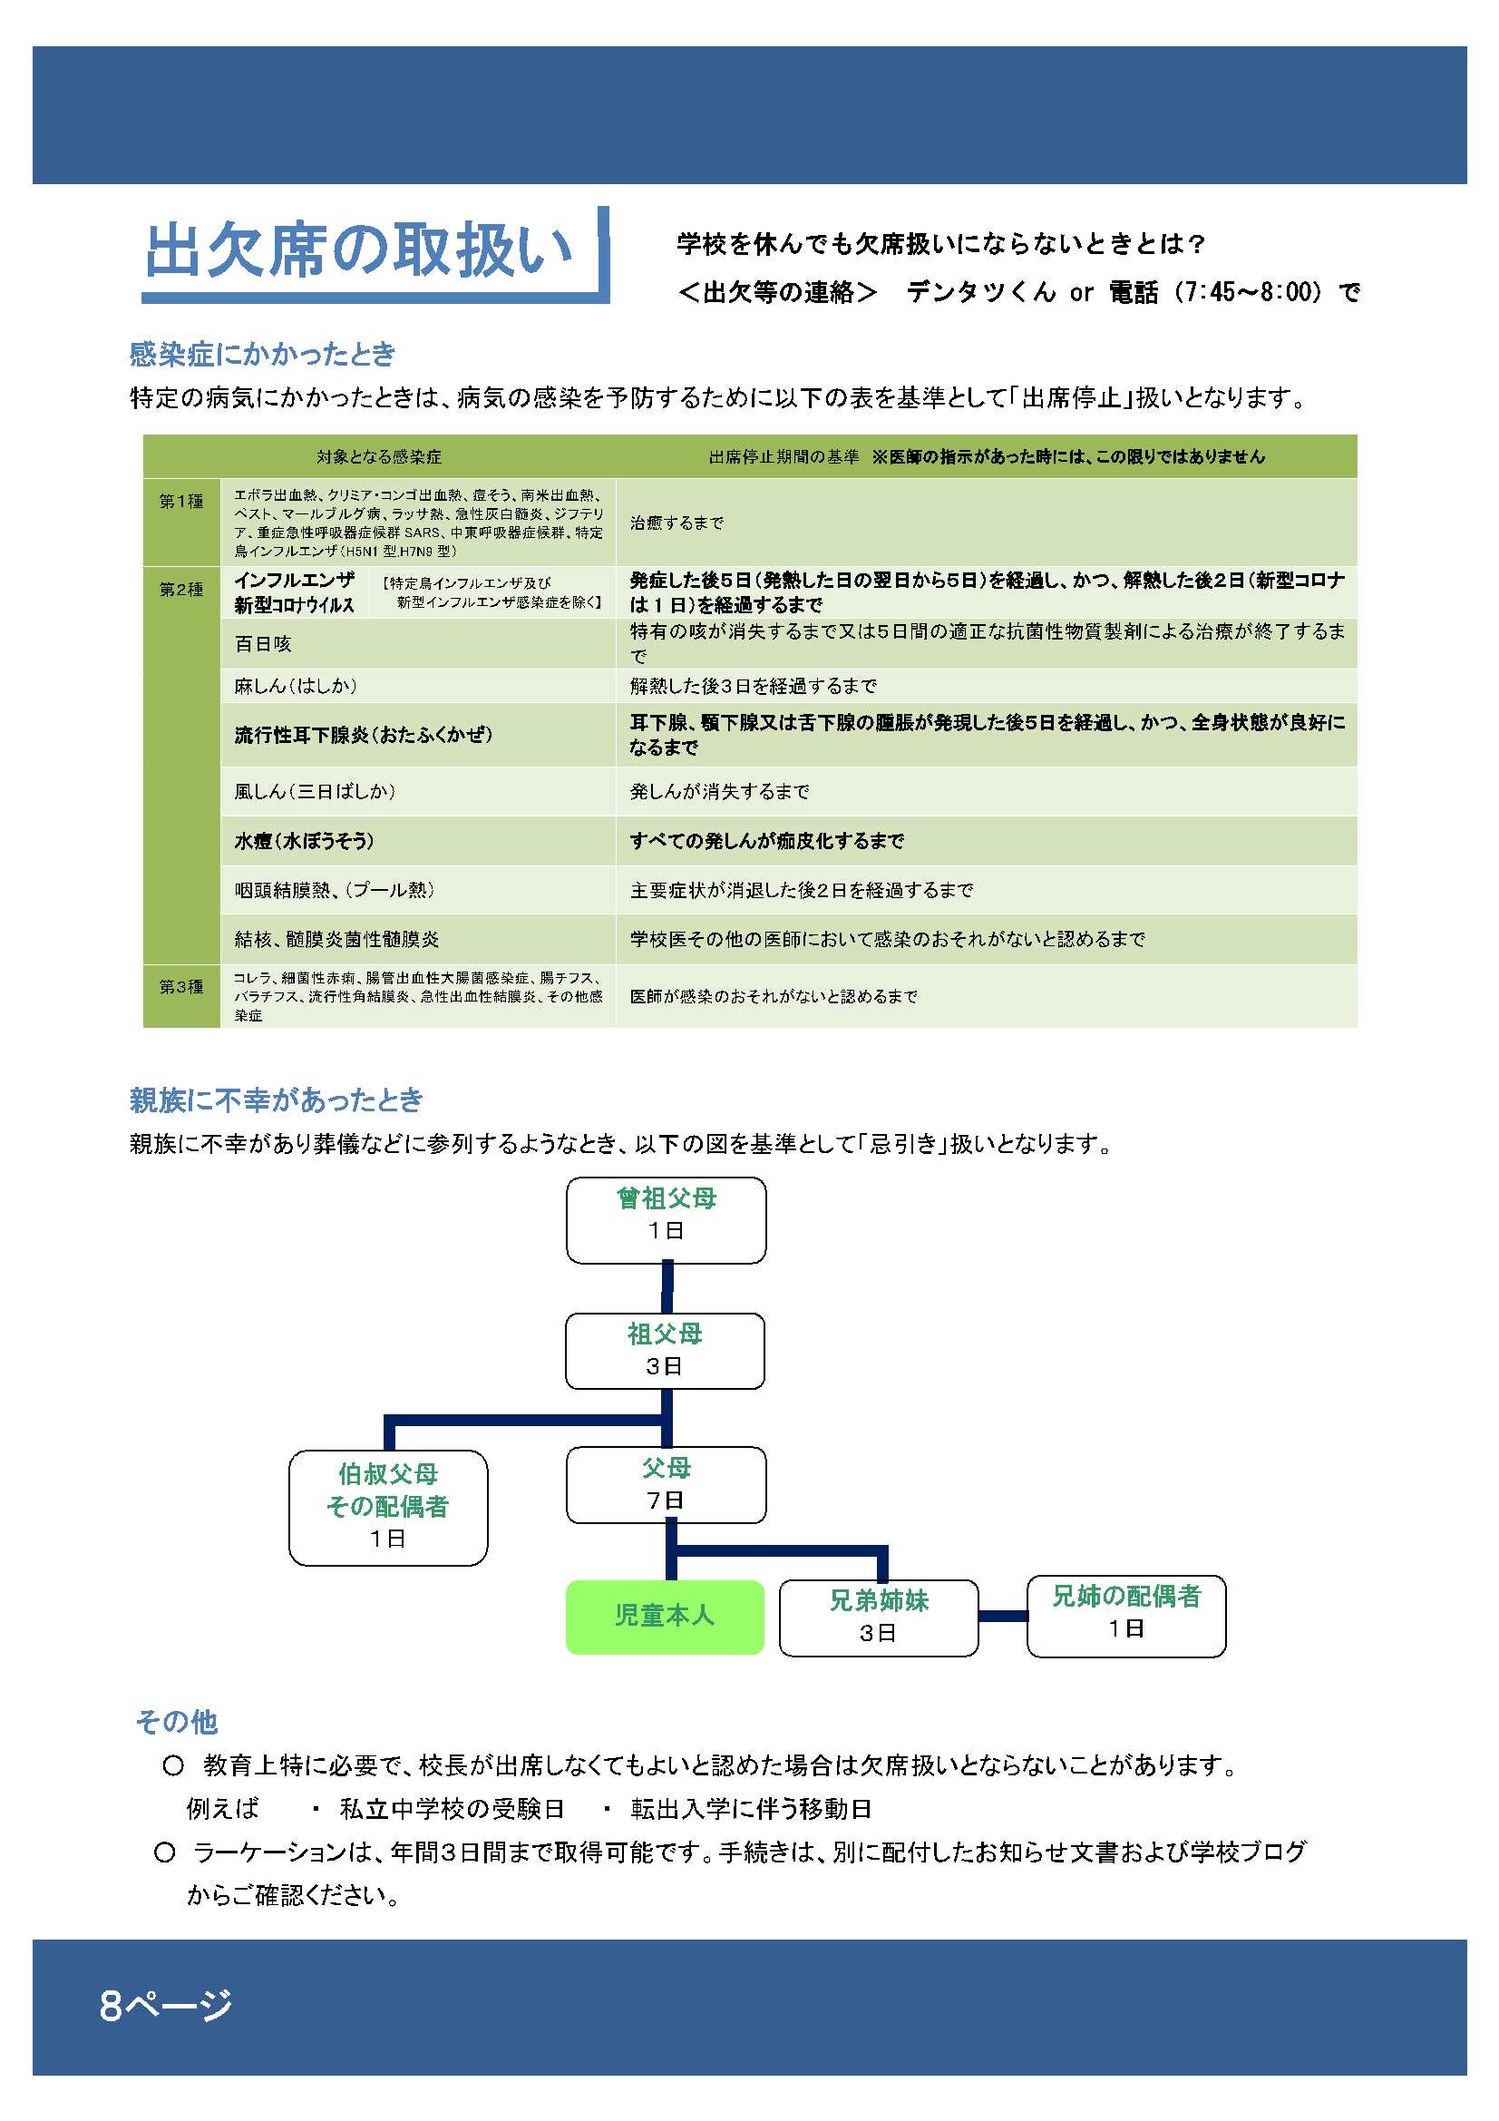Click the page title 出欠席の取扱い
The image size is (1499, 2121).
point(358,250)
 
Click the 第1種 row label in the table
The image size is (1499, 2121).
point(181,501)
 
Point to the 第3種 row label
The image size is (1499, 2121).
point(181,987)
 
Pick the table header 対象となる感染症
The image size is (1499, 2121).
point(379,456)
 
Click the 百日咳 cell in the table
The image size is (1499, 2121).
point(263,644)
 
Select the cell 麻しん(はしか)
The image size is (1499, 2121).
point(296,686)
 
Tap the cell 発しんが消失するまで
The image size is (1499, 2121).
point(719,791)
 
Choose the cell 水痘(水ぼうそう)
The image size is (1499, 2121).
point(304,841)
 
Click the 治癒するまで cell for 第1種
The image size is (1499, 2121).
point(677,523)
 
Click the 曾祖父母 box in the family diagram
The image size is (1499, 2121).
point(666,1219)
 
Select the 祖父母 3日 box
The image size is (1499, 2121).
point(665,1351)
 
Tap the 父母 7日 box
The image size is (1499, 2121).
point(666,1484)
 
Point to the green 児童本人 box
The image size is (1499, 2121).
point(665,1615)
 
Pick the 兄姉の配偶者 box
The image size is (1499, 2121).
point(1127,1616)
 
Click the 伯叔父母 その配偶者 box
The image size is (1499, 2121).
point(388,1508)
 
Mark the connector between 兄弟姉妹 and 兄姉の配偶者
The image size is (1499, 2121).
point(1003,1616)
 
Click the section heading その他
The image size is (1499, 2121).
point(177,1721)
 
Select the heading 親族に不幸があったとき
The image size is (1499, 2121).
point(277,1100)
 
